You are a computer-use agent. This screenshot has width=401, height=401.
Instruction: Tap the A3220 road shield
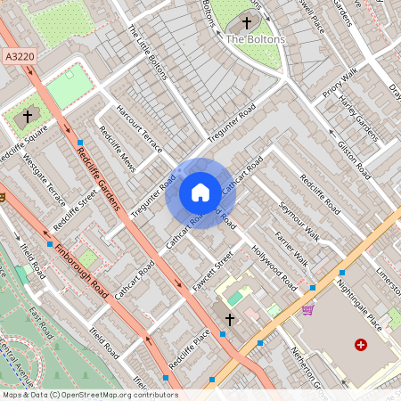tap(20, 57)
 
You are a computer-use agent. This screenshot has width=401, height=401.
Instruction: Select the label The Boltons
tap(255, 39)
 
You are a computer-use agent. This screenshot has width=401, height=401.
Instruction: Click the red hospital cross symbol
tap(360, 344)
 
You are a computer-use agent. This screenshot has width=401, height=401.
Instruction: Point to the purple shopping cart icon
tap(307, 310)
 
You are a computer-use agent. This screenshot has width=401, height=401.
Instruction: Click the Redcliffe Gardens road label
tap(98, 178)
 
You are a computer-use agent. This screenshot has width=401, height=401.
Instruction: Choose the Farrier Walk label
tap(291, 249)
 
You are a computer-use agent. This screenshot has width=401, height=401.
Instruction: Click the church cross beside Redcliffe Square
tap(28, 117)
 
